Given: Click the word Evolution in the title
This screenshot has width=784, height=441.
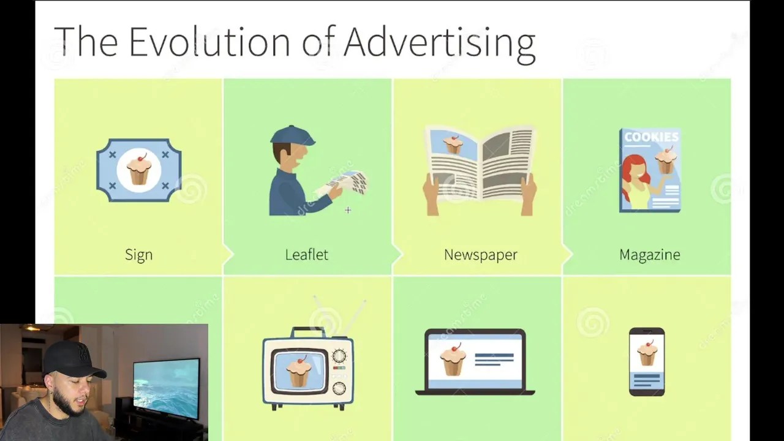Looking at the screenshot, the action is [210, 41].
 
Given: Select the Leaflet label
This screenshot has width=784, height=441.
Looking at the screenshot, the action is [307, 254].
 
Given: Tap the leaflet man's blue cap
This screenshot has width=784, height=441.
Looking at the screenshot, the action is [293, 136].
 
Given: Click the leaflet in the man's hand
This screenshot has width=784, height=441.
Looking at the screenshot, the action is [347, 182].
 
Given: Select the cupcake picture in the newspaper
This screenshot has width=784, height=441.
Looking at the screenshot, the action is [453, 144].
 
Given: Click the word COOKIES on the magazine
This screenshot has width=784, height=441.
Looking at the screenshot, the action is [651, 137].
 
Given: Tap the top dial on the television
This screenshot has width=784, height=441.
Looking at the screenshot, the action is [339, 356].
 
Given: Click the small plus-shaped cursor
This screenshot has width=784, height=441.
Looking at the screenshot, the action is [348, 210].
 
